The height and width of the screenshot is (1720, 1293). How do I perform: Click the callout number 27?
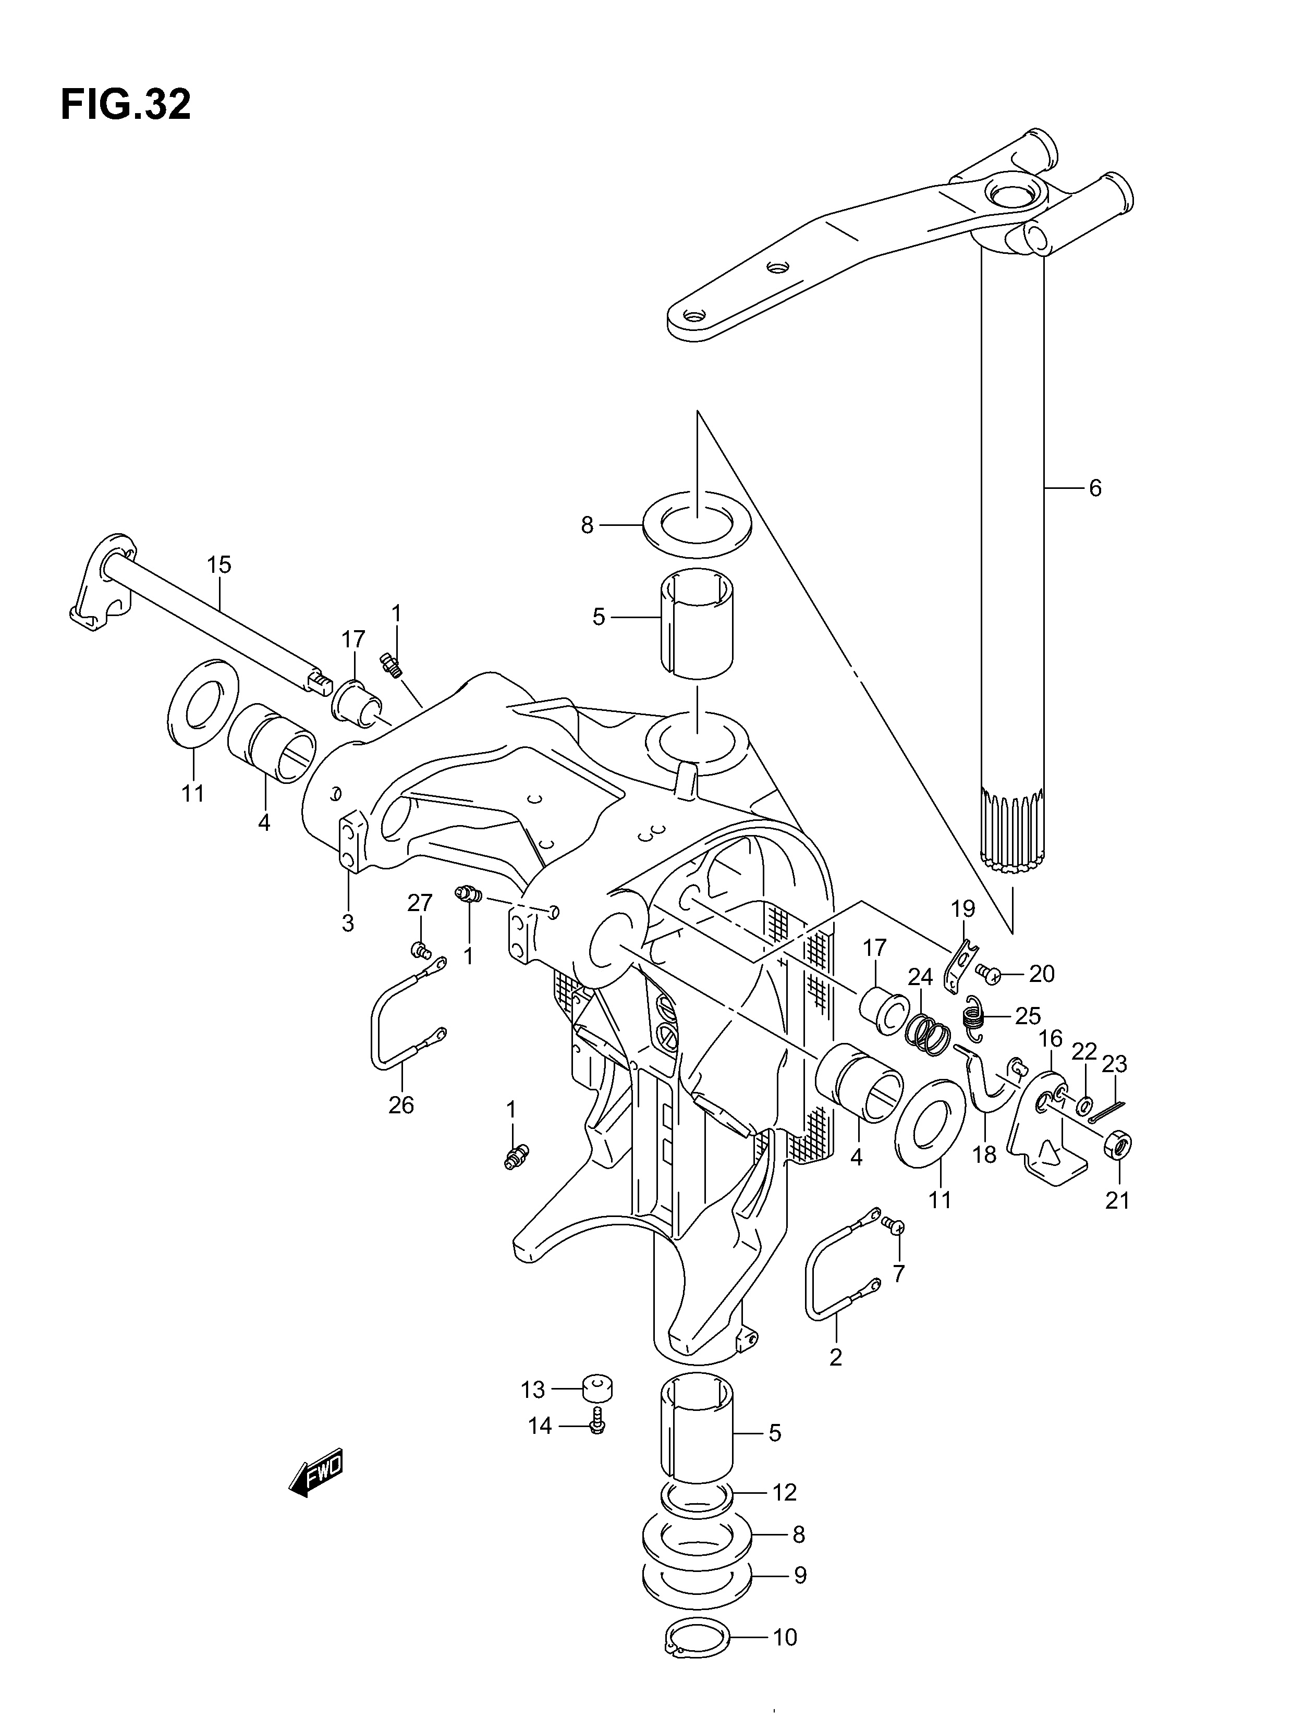pos(419,903)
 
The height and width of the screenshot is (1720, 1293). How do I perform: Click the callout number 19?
pos(962,907)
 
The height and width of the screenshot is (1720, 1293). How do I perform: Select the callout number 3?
pos(347,923)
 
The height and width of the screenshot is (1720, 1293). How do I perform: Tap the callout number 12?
pos(785,1492)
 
